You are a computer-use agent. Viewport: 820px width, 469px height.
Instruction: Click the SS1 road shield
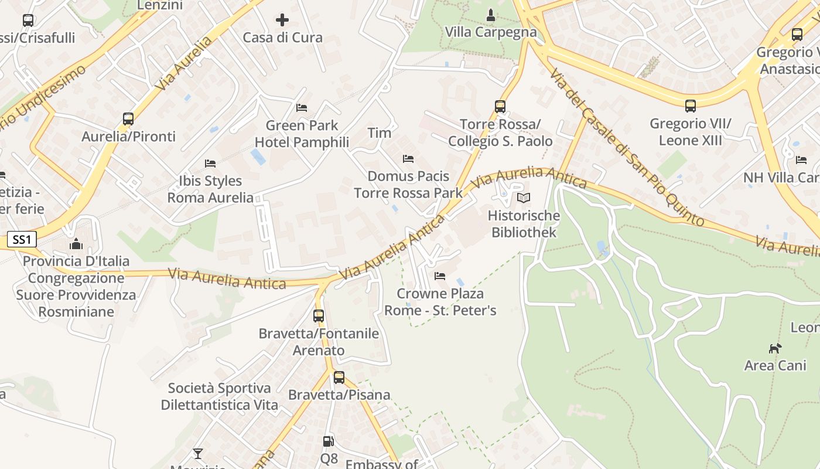pyautogui.click(x=22, y=239)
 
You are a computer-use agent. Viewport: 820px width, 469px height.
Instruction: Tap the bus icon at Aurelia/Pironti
pyautogui.click(x=128, y=119)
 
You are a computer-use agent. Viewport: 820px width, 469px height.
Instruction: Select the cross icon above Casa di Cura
pyautogui.click(x=282, y=21)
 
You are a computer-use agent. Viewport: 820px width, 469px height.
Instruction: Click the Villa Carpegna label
pyautogui.click(x=491, y=32)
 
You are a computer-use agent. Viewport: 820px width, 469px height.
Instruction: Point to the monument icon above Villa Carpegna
pyautogui.click(x=491, y=15)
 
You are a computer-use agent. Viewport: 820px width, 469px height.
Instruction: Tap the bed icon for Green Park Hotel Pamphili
pyautogui.click(x=302, y=108)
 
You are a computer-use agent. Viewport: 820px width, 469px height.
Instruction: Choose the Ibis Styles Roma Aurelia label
pyautogui.click(x=211, y=189)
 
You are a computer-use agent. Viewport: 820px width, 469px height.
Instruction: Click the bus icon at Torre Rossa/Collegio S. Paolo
pyautogui.click(x=500, y=107)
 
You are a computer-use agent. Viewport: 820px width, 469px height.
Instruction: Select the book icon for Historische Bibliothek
pyautogui.click(x=524, y=198)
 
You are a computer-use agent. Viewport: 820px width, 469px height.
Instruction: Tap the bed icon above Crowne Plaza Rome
pyautogui.click(x=440, y=276)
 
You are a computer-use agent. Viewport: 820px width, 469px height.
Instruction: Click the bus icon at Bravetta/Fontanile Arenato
pyautogui.click(x=319, y=316)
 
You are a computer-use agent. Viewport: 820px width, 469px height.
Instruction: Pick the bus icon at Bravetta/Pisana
pyautogui.click(x=339, y=378)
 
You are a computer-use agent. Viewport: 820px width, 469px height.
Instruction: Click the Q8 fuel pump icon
pyautogui.click(x=329, y=441)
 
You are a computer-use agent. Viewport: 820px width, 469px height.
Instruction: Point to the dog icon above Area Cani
pyautogui.click(x=775, y=348)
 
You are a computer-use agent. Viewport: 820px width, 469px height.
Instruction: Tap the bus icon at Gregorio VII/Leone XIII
pyautogui.click(x=691, y=106)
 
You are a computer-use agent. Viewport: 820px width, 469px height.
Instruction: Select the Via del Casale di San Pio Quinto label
pyautogui.click(x=627, y=147)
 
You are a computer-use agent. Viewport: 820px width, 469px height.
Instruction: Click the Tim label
pyautogui.click(x=379, y=133)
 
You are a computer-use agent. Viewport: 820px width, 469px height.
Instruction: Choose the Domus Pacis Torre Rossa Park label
pyautogui.click(x=408, y=184)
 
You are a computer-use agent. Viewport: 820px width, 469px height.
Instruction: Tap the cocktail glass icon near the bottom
pyautogui.click(x=198, y=454)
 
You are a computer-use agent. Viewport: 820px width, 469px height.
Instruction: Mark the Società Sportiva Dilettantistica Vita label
pyautogui.click(x=219, y=396)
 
